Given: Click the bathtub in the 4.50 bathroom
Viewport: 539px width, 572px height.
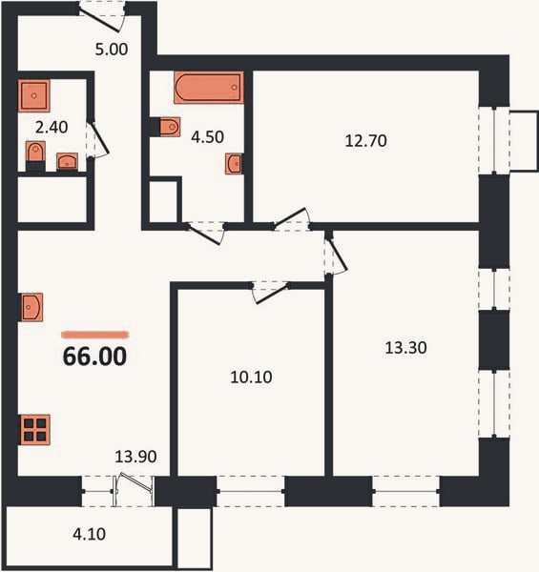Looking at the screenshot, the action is (209, 88).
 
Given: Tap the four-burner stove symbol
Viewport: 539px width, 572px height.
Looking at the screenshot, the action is (35, 430).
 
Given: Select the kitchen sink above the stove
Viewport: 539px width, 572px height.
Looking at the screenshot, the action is (31, 307).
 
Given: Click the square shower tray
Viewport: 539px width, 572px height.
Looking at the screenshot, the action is (34, 95).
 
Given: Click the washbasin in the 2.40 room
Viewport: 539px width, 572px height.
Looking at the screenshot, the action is (67, 161).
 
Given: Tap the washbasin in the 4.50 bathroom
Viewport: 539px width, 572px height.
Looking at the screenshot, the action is (234, 163).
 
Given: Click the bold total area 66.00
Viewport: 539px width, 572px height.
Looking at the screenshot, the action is (94, 357).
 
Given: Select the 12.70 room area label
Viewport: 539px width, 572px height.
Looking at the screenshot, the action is (365, 141).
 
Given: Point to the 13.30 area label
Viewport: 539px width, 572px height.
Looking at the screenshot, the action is (405, 348).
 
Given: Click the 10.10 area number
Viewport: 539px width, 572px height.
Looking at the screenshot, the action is (251, 378).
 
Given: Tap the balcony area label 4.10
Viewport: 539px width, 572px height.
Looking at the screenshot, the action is (90, 535).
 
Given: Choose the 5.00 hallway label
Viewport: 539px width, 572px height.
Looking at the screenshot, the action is (112, 50).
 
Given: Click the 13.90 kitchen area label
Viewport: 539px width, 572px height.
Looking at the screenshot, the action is (135, 457).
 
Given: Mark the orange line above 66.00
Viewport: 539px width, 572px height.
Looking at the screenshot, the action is (95, 335).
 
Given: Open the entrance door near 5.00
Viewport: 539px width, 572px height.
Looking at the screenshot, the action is (102, 17).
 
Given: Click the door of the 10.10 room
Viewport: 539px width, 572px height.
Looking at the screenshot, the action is (271, 293).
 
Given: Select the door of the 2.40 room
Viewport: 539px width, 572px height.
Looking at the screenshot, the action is (98, 140).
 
